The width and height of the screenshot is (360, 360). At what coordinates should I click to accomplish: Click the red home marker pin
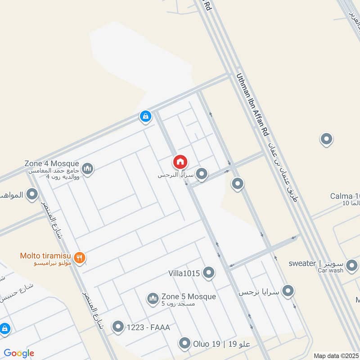[180, 162]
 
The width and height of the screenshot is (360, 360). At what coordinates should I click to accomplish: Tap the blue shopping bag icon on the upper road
[145, 117]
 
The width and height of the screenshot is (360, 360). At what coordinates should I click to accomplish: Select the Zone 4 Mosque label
[52, 164]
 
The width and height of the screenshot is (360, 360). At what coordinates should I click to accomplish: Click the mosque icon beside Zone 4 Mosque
[88, 169]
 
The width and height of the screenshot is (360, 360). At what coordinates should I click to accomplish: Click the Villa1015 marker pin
[208, 272]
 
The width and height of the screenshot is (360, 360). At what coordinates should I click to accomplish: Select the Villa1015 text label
[184, 273]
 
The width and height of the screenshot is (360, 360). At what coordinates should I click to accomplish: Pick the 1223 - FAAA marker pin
[118, 327]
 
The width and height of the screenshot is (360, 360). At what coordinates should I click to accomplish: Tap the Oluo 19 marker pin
[184, 344]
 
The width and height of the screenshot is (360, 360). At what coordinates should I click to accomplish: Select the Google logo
[19, 353]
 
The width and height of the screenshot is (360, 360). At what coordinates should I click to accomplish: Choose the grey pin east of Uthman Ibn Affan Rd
[326, 139]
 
